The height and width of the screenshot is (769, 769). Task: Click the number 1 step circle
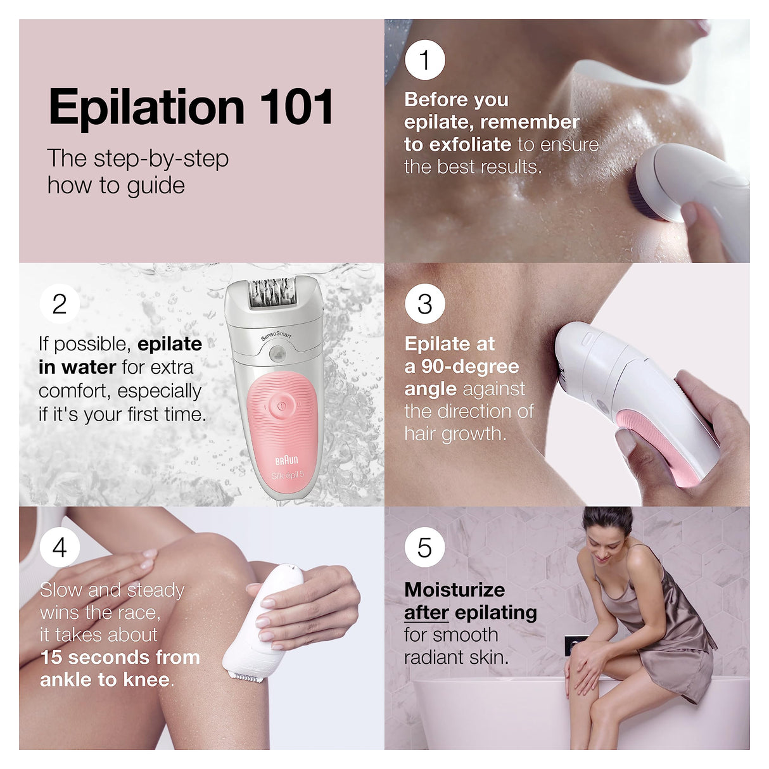424,60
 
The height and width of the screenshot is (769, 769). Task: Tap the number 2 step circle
60,303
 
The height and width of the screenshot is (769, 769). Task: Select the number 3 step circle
424,303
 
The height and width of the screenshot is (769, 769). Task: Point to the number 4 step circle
60,547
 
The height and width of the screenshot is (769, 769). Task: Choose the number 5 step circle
424,547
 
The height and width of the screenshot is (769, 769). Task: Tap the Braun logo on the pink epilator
286,460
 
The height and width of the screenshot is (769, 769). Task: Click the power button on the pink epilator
281,404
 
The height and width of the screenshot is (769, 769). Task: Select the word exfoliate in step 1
470,144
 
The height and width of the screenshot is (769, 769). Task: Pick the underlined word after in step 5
426,613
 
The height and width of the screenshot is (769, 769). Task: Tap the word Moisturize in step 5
454,590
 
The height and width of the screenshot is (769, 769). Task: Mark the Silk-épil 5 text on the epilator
288,476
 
